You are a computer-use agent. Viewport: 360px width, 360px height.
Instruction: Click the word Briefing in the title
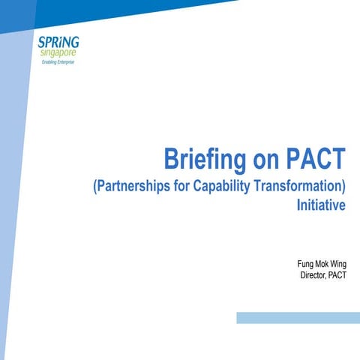(x=205, y=160)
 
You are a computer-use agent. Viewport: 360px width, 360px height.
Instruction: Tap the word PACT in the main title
(x=316, y=158)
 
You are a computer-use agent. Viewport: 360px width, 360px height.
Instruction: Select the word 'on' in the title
(x=265, y=162)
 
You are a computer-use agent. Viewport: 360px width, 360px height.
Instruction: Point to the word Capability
(x=221, y=187)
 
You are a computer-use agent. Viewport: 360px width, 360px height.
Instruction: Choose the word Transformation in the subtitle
(x=298, y=186)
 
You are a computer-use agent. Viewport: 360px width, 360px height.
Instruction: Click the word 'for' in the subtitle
(x=181, y=186)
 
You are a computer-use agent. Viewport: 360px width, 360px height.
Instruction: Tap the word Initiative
(x=321, y=205)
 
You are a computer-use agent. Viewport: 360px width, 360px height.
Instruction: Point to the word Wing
(x=338, y=265)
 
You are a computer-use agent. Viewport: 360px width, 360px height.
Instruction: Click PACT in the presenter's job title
(x=337, y=275)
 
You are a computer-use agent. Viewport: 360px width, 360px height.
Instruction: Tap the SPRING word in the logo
(x=58, y=43)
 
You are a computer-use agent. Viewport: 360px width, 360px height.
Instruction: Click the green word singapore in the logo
(x=58, y=53)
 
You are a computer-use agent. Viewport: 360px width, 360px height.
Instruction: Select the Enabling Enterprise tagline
(x=58, y=62)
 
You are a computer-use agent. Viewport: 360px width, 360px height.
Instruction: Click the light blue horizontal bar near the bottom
(x=298, y=318)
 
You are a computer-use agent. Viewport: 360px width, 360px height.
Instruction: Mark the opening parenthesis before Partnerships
(x=94, y=187)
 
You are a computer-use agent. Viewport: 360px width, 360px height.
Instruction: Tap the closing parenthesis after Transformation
(x=343, y=187)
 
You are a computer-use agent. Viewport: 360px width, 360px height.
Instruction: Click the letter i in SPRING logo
(x=60, y=43)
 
